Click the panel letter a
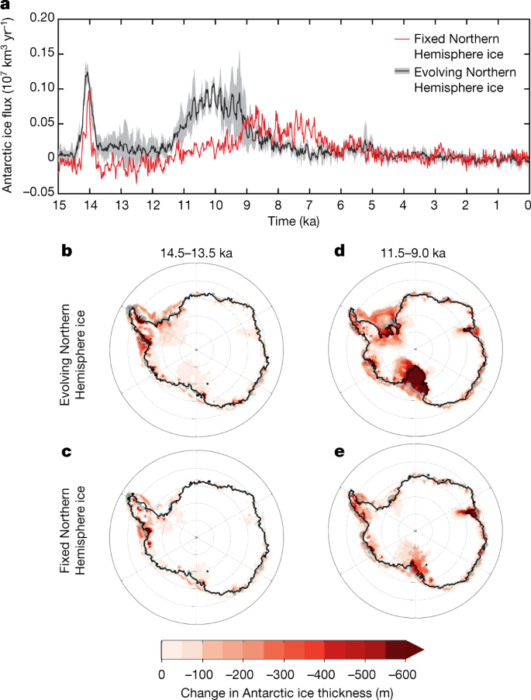7,6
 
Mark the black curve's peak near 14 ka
88,72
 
